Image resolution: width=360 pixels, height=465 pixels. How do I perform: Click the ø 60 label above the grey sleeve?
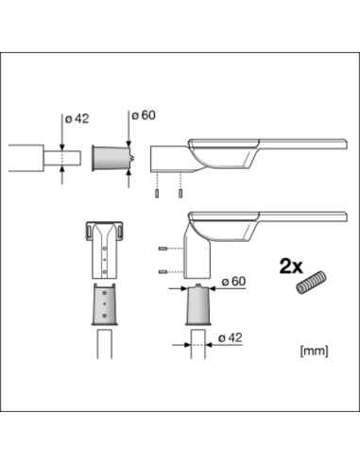coord(144,114)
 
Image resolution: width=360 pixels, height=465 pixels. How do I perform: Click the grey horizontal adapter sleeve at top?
coord(110,157)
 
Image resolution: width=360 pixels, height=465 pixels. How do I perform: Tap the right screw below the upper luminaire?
coord(178,195)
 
